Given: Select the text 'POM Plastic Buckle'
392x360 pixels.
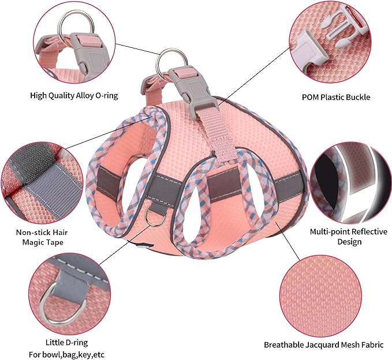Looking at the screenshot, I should pos(337,97).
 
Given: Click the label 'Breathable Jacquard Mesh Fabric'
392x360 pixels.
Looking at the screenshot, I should pos(323,344).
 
